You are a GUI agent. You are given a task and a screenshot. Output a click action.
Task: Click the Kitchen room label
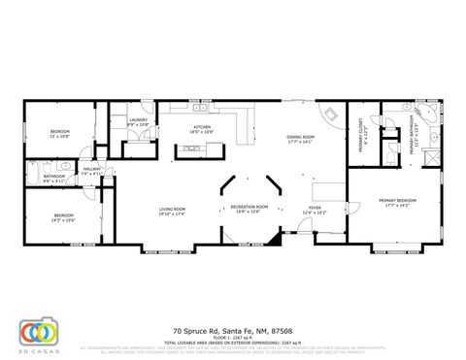(202, 129)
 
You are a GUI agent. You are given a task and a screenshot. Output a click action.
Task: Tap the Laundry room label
(138, 122)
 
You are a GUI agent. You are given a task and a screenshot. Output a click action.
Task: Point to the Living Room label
(173, 211)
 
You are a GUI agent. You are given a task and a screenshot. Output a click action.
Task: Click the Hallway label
(91, 171)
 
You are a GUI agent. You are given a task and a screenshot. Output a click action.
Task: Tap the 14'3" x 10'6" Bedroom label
(64, 217)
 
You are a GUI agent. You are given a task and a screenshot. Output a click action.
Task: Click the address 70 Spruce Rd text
(231, 329)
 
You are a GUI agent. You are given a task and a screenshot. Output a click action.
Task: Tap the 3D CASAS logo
(39, 332)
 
